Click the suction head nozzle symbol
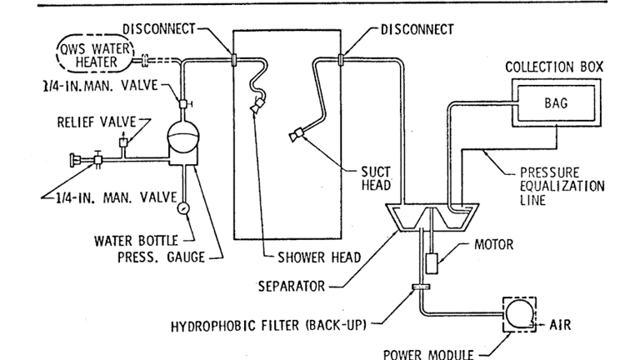[297, 134]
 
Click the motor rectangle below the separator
[432, 263]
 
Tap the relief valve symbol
[122, 144]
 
